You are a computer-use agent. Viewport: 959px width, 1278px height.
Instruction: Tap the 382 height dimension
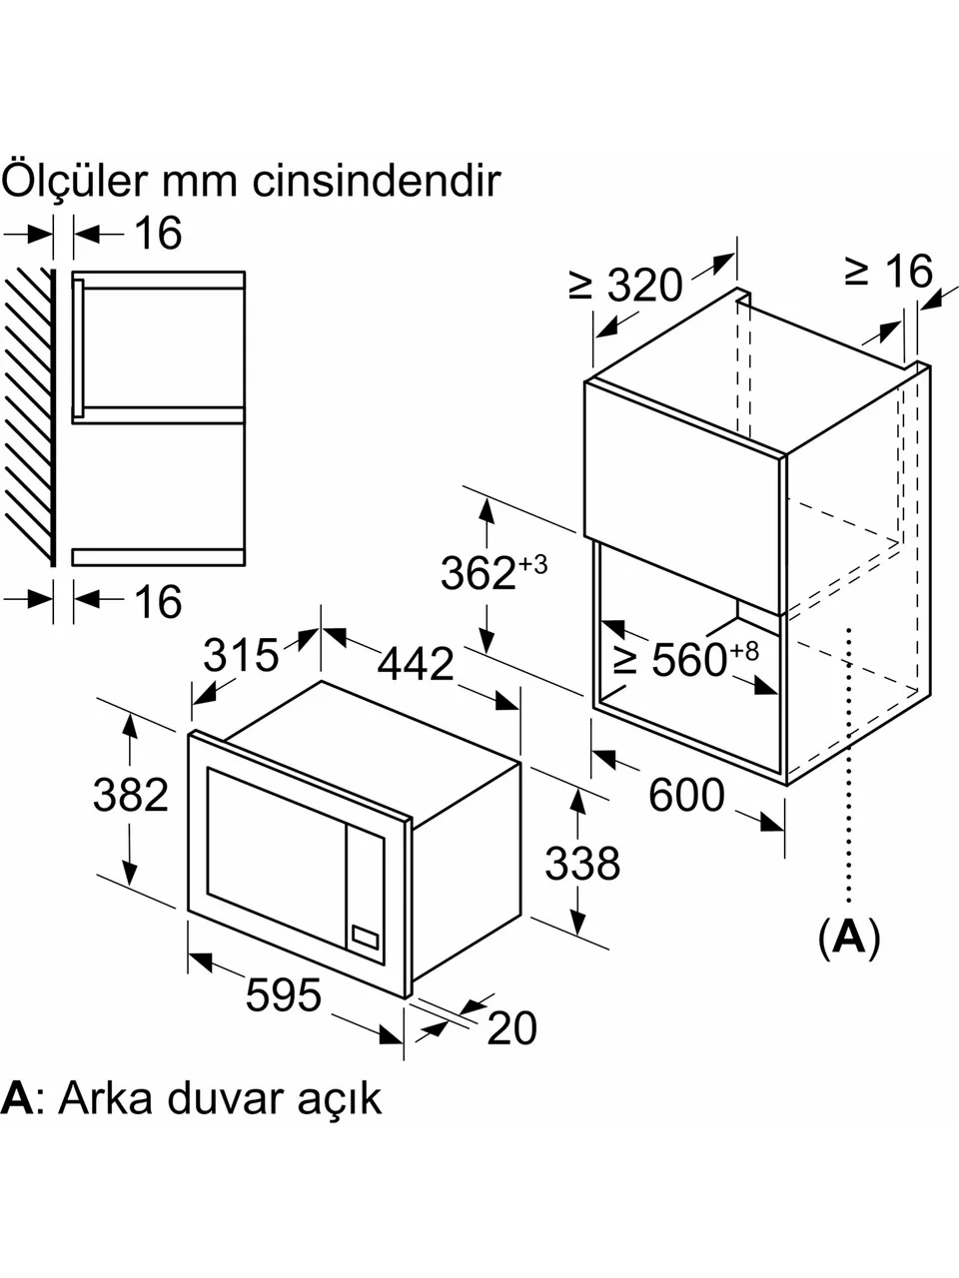click(x=131, y=794)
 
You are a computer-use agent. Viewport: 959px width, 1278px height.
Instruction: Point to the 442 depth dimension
click(x=416, y=663)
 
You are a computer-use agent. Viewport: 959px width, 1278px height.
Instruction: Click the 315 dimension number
click(x=241, y=655)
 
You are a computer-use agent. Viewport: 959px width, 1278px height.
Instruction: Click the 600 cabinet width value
click(x=686, y=794)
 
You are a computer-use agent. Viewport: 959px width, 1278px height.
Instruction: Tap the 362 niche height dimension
click(x=493, y=572)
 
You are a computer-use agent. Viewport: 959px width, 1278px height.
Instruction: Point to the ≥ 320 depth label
click(x=625, y=285)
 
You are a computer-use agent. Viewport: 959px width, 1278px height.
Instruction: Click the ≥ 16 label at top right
click(x=888, y=271)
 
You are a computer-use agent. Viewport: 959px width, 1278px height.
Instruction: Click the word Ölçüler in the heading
click(x=75, y=180)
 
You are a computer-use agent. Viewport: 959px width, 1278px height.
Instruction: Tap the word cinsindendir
click(x=377, y=181)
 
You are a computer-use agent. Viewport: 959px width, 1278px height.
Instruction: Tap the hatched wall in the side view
click(x=29, y=417)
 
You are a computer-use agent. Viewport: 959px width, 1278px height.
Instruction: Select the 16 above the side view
click(x=159, y=234)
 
